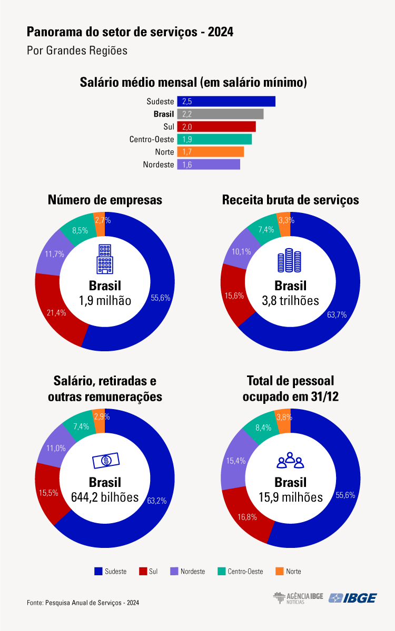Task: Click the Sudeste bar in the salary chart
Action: click(226, 101)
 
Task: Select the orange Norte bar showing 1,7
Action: click(211, 152)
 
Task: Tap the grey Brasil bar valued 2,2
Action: click(220, 114)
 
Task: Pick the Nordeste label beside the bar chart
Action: click(159, 165)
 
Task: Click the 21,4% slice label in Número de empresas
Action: click(56, 313)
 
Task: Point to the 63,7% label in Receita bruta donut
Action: click(337, 314)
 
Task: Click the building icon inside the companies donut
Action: click(105, 259)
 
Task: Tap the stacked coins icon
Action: click(290, 260)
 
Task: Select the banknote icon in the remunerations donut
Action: click(106, 461)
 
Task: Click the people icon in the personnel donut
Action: click(290, 460)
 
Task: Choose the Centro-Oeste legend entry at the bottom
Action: click(240, 571)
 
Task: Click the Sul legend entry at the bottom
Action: click(149, 571)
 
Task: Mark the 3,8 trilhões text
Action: click(290, 301)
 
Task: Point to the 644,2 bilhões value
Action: click(105, 497)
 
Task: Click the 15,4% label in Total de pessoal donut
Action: click(236, 461)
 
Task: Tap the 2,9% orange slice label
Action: click(102, 416)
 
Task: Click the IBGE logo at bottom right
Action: click(353, 598)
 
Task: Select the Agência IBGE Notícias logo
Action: click(298, 598)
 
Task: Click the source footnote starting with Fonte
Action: click(83, 603)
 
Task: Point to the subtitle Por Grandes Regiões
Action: click(77, 50)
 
